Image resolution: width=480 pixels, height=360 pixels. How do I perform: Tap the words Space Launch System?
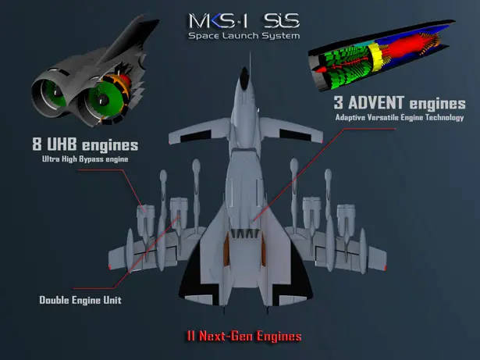point(244,36)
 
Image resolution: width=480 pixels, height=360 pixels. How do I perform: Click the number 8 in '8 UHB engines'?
point(37,144)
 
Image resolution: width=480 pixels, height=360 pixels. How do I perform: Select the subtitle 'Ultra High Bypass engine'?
point(85,159)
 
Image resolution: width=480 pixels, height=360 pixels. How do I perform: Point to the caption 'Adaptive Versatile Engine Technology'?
point(400,118)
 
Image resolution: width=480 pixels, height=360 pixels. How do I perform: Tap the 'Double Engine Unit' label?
point(80,300)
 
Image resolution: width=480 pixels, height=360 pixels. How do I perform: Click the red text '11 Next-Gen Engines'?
point(244,336)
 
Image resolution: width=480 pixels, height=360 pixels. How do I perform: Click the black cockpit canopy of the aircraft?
point(244,78)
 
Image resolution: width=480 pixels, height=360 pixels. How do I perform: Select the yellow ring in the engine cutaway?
point(375,56)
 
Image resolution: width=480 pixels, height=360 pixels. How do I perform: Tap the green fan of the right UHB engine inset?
point(105,98)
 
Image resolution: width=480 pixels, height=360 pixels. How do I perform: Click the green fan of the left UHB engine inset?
point(55,93)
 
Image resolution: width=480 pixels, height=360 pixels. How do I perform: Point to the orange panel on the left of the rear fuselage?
point(226,249)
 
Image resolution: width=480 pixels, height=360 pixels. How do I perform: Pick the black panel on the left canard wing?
point(196,136)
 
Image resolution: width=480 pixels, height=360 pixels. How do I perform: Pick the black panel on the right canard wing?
point(294,135)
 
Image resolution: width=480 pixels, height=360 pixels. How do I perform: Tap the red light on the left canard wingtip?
point(169,142)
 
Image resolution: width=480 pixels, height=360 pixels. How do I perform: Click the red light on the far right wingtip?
point(386,268)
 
